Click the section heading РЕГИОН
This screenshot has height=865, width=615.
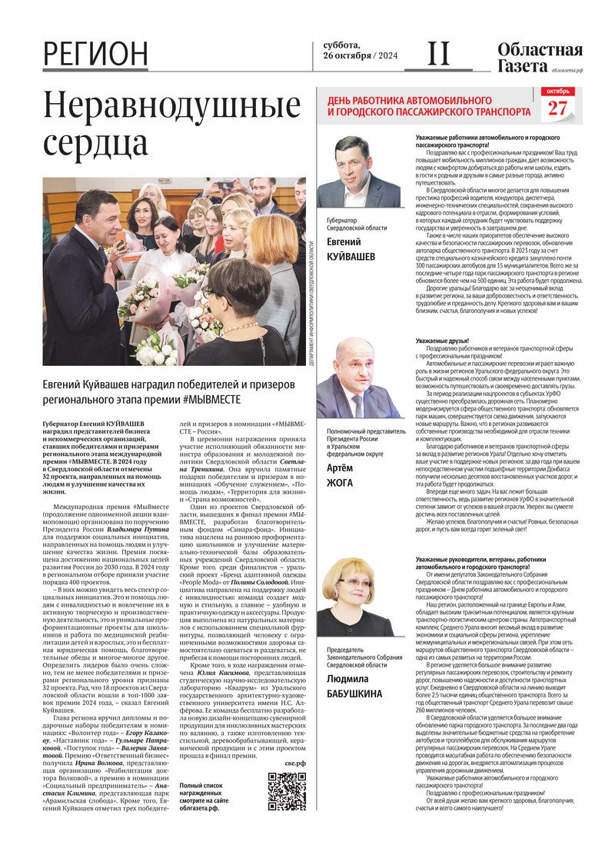tap(95, 54)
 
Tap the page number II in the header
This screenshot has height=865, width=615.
tap(438, 54)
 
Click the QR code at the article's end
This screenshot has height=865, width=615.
tap(287, 793)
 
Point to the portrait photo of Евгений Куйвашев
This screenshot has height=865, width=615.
tap(358, 171)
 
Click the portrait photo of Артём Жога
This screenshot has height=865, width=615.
tap(358, 378)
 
